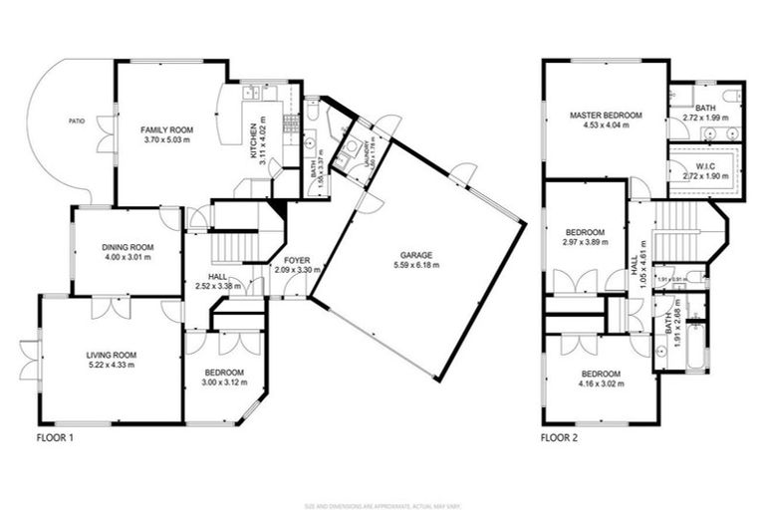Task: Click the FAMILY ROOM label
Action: point(166,129)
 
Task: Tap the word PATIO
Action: point(77,121)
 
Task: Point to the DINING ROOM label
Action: point(127,247)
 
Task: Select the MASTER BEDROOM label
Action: point(606,116)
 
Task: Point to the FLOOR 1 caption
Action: point(55,437)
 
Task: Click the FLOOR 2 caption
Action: point(559,437)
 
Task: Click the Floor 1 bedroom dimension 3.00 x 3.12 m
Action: point(222,384)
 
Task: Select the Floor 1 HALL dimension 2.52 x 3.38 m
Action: point(221,287)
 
